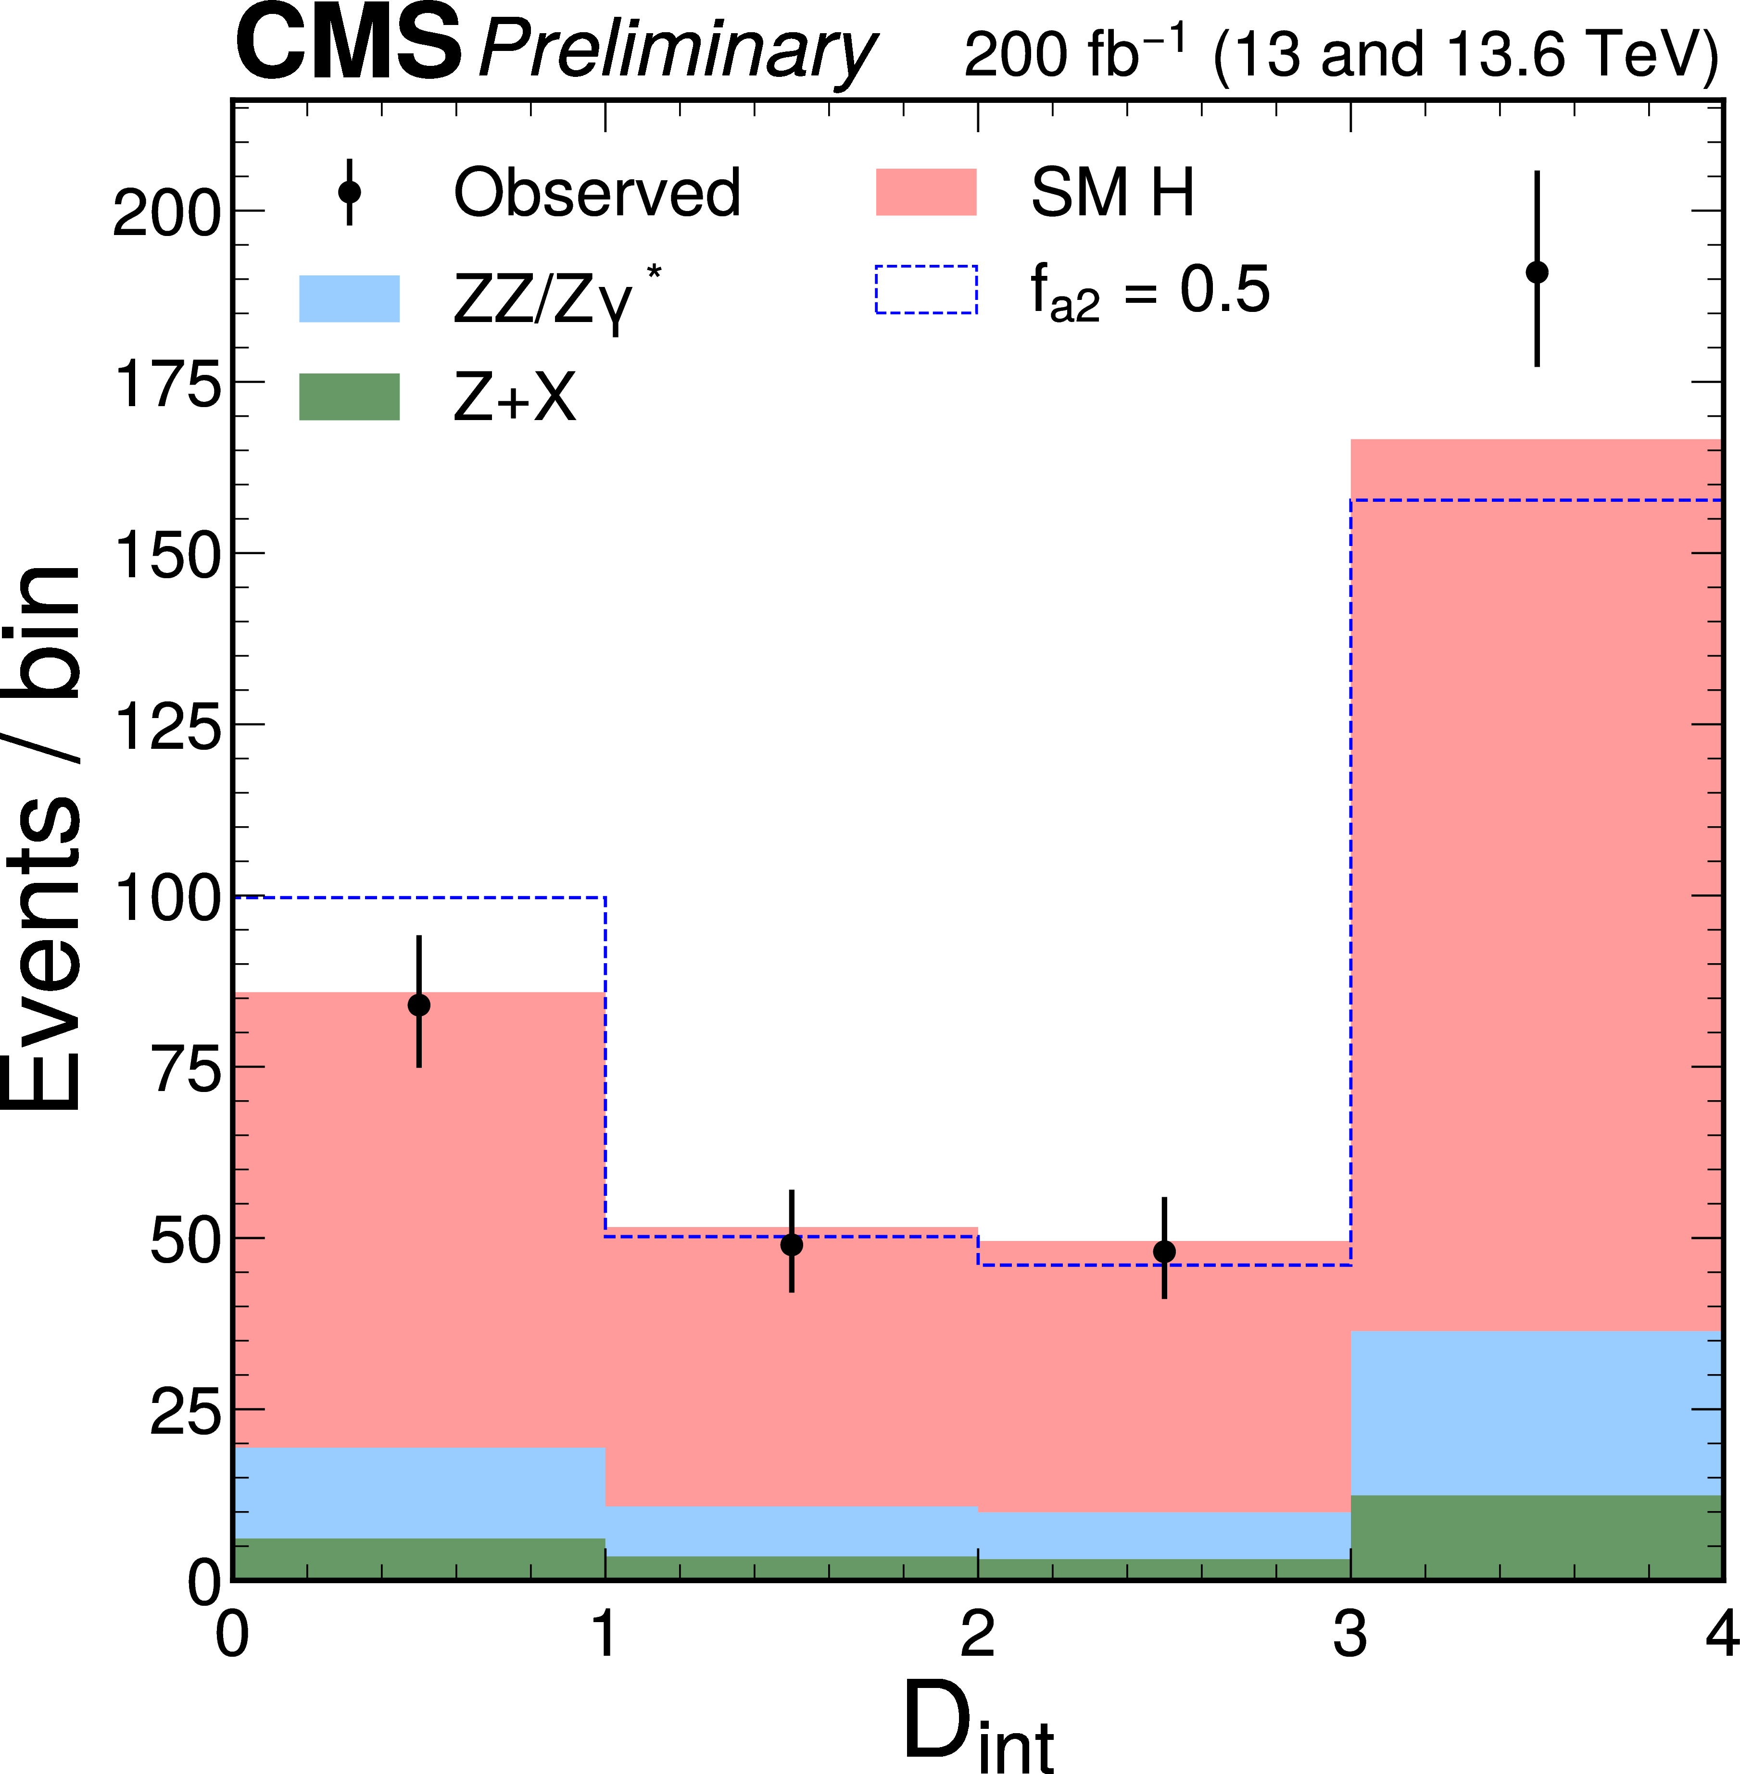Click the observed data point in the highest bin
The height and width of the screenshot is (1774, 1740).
pos(1537,272)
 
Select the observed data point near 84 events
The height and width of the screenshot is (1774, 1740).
pos(418,1005)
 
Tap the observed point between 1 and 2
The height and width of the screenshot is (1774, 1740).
pos(792,1244)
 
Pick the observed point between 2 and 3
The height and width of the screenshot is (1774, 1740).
pos(1164,1252)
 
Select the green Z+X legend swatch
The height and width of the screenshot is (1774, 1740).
pos(349,397)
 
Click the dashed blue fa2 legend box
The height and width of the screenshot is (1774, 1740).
pos(926,289)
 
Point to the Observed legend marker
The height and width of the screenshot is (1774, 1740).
pos(349,192)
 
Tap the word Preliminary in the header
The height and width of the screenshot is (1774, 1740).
pos(676,50)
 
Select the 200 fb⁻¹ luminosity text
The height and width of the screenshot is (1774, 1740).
pos(1078,53)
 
